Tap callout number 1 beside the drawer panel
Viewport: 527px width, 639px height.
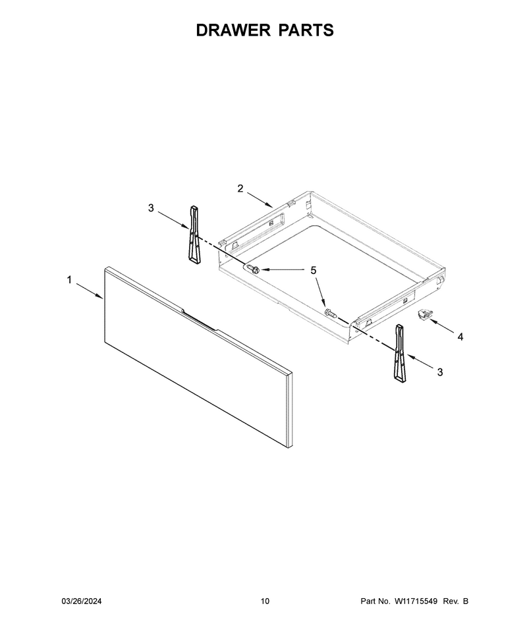(x=69, y=280)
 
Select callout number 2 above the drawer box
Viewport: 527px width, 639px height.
(x=240, y=188)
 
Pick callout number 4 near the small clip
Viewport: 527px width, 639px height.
(x=460, y=337)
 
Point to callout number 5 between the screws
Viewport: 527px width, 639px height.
(x=314, y=270)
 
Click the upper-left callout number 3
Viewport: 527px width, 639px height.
(x=151, y=208)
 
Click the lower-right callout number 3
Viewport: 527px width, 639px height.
(x=440, y=372)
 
